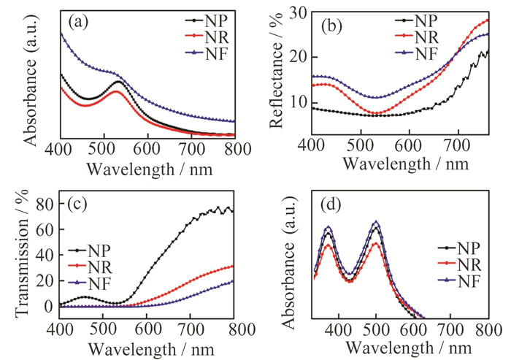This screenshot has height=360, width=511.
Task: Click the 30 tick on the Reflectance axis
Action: click(296, 12)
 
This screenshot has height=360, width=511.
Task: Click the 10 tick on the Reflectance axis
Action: click(296, 101)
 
